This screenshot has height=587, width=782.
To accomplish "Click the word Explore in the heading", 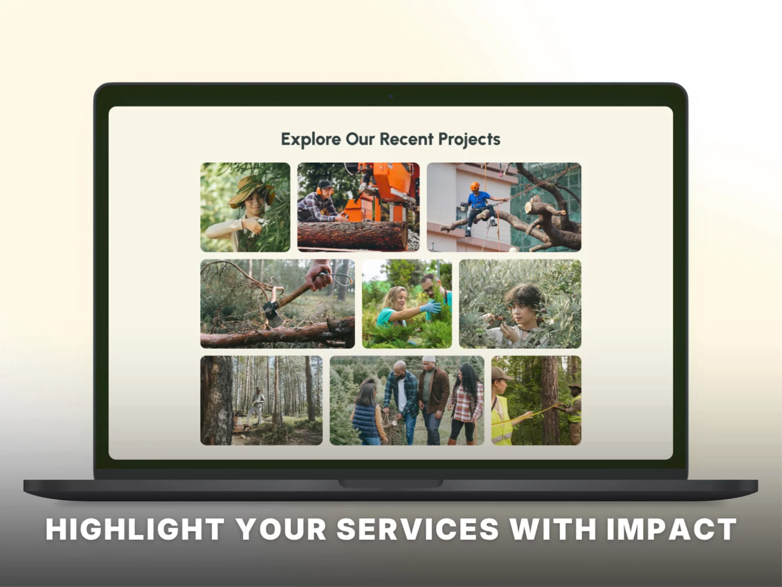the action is click(311, 139).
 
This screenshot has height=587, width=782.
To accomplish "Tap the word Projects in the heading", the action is click(469, 139).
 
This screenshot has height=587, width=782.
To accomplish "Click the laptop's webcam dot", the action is click(391, 96).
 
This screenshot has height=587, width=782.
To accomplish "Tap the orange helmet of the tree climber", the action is click(475, 186).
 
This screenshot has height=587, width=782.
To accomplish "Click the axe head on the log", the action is click(273, 313).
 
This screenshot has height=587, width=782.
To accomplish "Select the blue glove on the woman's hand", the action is click(431, 307).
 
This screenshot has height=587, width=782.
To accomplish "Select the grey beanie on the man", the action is click(429, 359).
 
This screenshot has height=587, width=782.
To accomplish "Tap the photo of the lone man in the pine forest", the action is click(261, 400).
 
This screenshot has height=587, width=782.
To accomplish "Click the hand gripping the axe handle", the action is click(319, 275).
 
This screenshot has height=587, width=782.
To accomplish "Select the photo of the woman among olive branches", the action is click(520, 304).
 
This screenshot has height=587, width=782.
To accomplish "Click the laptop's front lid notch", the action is click(391, 484).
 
